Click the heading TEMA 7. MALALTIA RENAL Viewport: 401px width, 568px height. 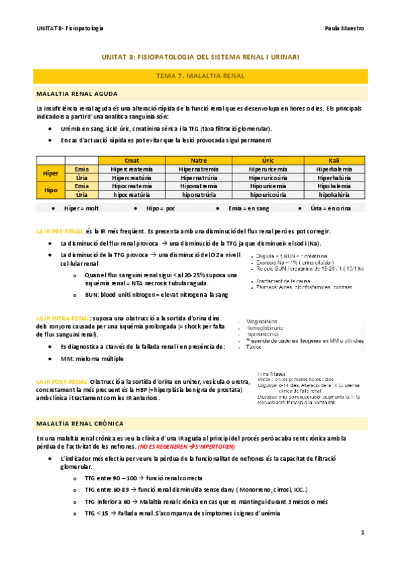[200, 77]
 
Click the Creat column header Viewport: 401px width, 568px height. [132, 160]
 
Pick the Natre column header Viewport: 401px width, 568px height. [199, 160]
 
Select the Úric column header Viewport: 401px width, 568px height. [268, 160]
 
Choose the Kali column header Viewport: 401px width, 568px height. [335, 160]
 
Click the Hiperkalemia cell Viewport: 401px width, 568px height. [335, 169]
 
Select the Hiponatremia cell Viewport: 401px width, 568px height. [199, 186]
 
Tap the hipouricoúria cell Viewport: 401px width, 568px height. [268, 194]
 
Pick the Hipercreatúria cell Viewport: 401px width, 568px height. [132, 177]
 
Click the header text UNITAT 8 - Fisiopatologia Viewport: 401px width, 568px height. [70, 28]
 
